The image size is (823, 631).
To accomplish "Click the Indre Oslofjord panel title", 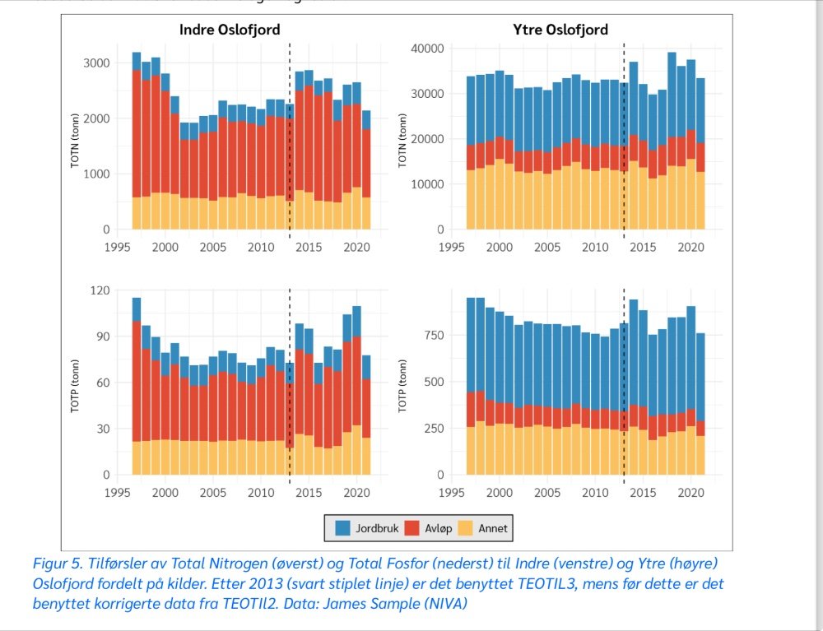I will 230,30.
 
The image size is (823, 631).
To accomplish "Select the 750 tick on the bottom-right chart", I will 435,336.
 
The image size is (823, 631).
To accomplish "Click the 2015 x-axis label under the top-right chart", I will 644,246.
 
